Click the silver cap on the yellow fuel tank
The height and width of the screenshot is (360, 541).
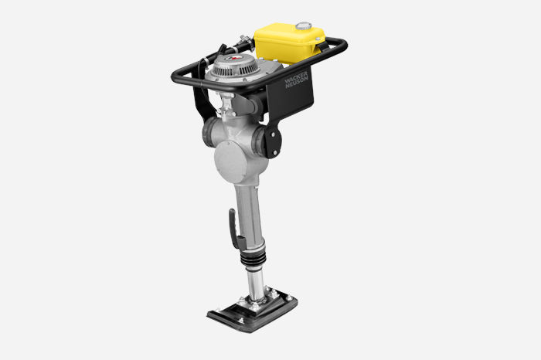[304, 25]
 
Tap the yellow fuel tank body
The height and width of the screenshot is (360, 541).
[289, 43]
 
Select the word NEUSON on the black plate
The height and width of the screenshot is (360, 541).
[298, 83]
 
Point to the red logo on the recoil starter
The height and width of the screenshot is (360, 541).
[234, 58]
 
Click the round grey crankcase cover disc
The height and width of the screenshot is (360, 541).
[230, 161]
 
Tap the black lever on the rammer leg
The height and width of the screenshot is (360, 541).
[236, 229]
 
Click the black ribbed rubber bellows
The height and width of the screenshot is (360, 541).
[253, 257]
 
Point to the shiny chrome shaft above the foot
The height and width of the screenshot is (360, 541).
[256, 283]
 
